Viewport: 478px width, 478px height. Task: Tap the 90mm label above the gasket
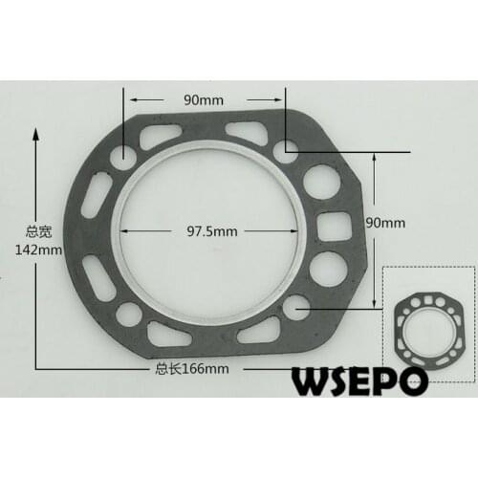205,98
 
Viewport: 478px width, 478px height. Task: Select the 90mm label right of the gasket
386,222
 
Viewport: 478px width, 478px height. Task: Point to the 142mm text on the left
19,250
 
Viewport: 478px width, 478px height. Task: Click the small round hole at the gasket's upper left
122,154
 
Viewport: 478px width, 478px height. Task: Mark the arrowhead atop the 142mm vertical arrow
35,135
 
